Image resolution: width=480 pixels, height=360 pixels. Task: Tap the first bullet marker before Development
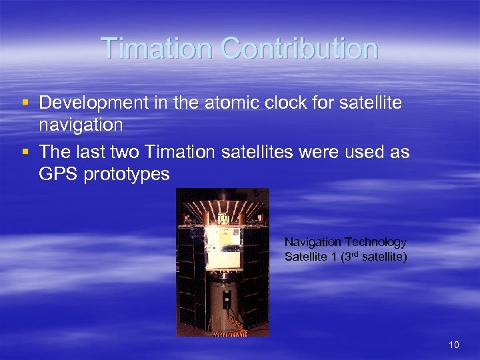pyautogui.click(x=25, y=104)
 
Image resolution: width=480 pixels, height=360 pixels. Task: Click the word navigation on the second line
pyautogui.click(x=81, y=125)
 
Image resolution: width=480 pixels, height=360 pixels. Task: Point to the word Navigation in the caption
pyautogui.click(x=313, y=242)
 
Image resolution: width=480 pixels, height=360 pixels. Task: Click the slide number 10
pyautogui.click(x=454, y=344)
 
